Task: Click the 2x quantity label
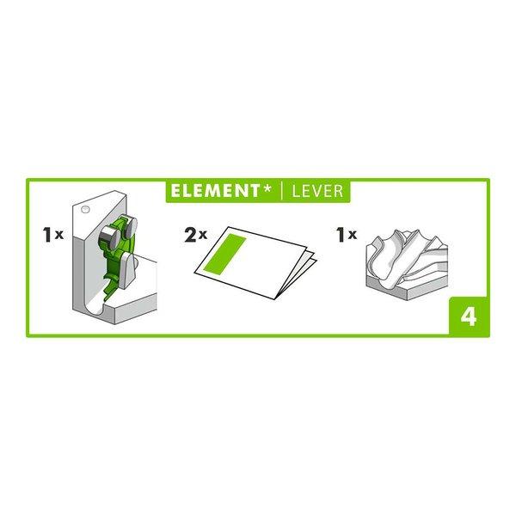[194, 234]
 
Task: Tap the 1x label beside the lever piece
[53, 234]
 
